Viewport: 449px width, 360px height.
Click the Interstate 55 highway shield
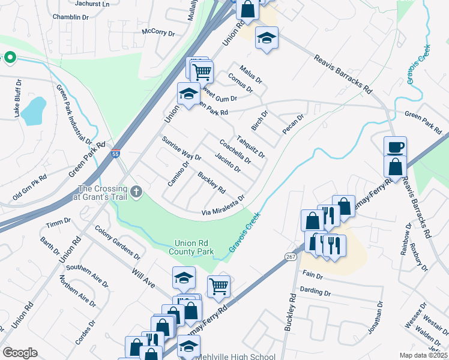115,154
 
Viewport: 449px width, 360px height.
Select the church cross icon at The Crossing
137,192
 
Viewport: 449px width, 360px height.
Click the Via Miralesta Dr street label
223,205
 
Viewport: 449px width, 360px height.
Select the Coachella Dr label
235,152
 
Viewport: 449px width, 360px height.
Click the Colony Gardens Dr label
117,242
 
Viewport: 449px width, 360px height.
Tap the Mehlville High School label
235,356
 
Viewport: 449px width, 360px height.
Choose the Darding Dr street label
316,292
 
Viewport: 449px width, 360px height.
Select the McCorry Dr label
157,32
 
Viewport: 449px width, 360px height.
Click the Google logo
20,353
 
